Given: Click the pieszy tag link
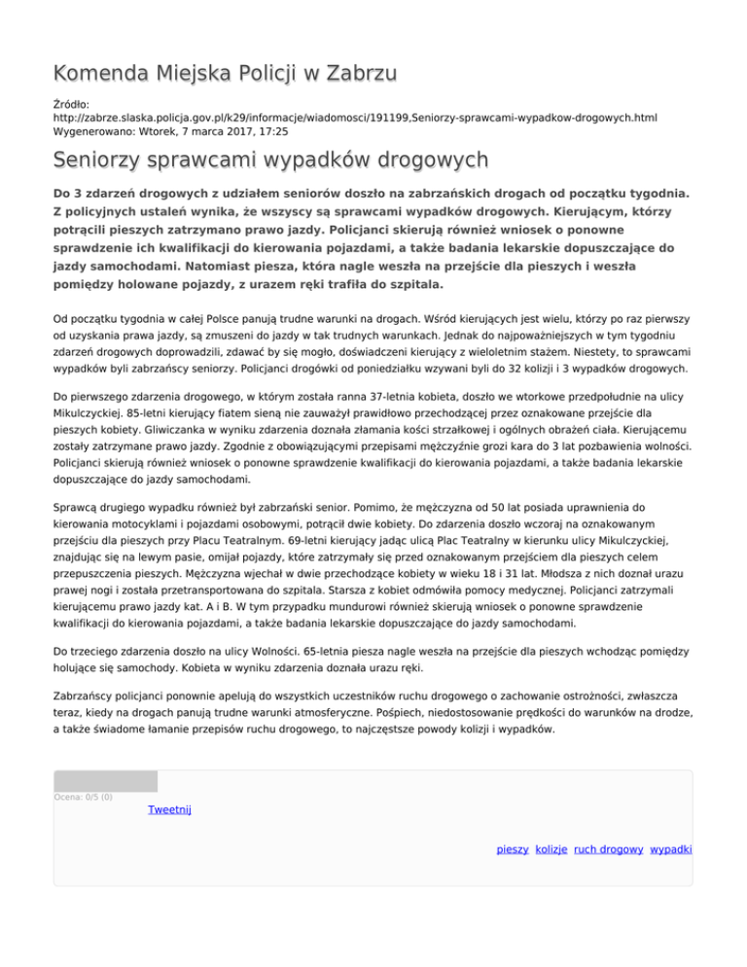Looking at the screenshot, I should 512,849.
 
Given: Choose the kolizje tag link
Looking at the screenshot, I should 551,849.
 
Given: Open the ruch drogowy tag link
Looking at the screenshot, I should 608,849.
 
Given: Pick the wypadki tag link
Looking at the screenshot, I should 670,849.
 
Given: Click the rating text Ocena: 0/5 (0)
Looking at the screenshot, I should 83,798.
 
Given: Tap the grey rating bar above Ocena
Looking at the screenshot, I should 105,781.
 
